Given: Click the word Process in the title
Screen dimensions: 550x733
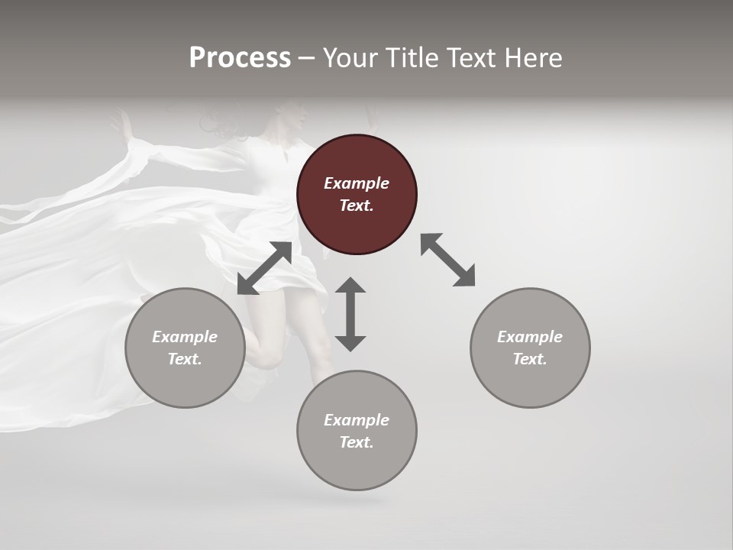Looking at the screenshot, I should (240, 58).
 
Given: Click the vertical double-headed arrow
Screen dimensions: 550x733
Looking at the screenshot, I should (350, 315).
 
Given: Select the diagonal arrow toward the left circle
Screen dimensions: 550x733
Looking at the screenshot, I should (264, 268).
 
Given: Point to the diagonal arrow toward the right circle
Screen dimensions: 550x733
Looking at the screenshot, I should (448, 260).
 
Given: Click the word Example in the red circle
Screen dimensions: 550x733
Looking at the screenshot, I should (357, 183).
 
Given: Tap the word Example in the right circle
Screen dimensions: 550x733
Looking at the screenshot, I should (530, 337).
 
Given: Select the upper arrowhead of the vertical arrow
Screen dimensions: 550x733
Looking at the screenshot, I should (350, 286).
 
